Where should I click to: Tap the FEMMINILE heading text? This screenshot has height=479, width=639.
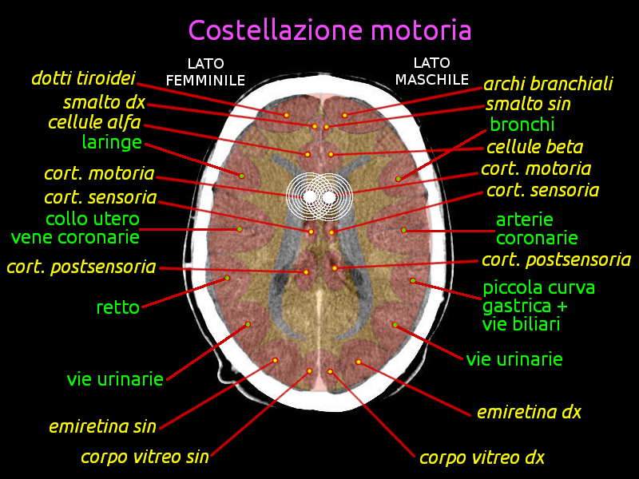coord(205,81)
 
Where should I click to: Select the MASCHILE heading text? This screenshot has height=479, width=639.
coord(432,79)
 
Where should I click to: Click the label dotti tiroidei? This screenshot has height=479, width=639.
coord(84,78)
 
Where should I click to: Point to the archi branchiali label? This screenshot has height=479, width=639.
coord(548,84)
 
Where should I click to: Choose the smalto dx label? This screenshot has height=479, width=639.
coord(105,102)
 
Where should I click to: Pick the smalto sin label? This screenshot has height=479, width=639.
coord(528,104)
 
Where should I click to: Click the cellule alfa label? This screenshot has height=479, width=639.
coord(94,122)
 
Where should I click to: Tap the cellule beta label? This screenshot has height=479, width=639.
coord(534,147)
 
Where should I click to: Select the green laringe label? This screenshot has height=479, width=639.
coord(112,143)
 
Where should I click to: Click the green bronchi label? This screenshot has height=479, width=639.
coord(522,125)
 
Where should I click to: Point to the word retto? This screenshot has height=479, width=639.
coord(118,307)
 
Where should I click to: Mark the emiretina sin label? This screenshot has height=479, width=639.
coord(103,426)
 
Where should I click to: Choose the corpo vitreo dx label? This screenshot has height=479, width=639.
coord(482,457)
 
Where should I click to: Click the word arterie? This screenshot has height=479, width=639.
coord(525,220)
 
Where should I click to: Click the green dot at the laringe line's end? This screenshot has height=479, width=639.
coord(242,176)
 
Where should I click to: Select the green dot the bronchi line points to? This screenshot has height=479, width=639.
coord(398,179)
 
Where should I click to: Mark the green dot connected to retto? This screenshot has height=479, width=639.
coord(228,278)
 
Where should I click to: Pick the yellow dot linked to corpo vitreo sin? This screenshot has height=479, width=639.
coord(309,371)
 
